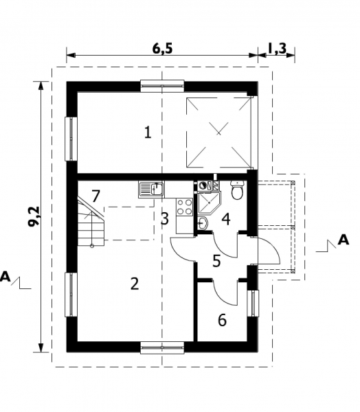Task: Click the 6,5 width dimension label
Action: [x=162, y=48]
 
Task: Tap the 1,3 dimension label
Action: [x=277, y=48]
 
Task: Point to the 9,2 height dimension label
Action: [x=34, y=216]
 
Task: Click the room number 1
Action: [x=148, y=132]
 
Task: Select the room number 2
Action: [x=135, y=284]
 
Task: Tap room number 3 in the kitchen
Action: [x=165, y=218]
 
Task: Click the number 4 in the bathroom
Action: [x=226, y=220]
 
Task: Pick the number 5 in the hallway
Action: [x=216, y=261]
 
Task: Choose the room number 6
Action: [x=222, y=320]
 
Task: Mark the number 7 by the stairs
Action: [x=95, y=196]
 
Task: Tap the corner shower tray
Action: [x=210, y=203]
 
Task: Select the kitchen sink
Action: [x=151, y=190]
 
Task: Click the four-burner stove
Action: [x=185, y=207]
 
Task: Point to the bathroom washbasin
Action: [x=203, y=223]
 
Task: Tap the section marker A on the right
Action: [x=344, y=240]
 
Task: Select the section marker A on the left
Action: [x=5, y=277]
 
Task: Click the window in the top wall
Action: [x=162, y=86]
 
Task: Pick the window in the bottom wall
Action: [x=162, y=347]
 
